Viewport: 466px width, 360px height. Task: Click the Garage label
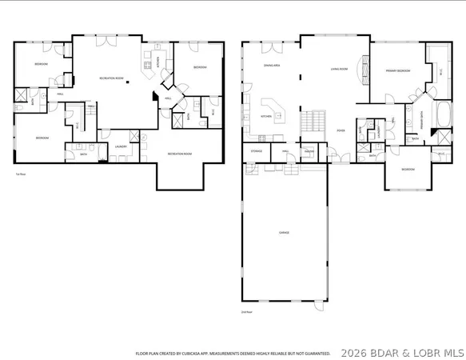tap(284, 233)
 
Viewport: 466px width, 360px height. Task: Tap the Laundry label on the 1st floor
tap(121, 146)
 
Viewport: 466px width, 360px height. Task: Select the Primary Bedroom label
tap(397, 71)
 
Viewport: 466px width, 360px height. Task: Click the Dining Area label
tap(272, 66)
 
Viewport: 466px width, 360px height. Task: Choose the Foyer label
tap(341, 130)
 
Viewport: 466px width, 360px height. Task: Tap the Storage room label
tap(257, 150)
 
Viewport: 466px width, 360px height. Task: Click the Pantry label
tap(308, 150)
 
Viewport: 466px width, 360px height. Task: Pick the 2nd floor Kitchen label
tap(266, 116)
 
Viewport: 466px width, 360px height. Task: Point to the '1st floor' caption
tap(21, 174)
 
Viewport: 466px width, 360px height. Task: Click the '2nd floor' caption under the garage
tap(246, 312)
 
